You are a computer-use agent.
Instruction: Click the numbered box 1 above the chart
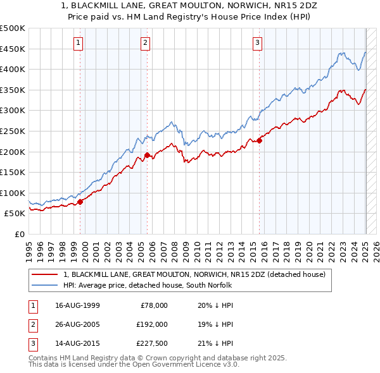click(78, 43)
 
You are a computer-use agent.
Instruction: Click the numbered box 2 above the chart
click(145, 43)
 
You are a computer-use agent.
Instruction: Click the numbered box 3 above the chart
click(258, 43)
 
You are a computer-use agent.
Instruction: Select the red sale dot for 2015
click(260, 140)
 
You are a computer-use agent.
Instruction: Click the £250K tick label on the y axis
click(13, 131)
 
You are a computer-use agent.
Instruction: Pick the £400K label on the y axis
click(13, 69)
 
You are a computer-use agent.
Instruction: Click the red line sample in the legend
click(44, 275)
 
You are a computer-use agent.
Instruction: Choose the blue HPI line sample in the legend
click(44, 285)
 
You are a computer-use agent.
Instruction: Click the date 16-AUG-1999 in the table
click(77, 305)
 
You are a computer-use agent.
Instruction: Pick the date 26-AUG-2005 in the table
click(77, 325)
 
